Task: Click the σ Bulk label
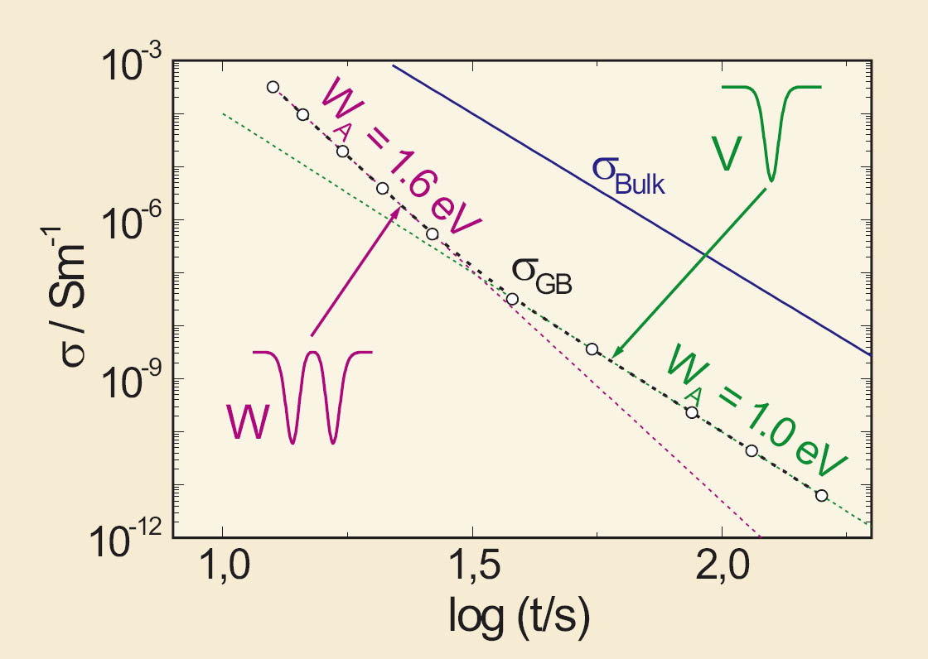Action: pos(628,172)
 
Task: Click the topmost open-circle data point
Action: pos(273,87)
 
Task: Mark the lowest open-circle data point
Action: pos(821,495)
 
